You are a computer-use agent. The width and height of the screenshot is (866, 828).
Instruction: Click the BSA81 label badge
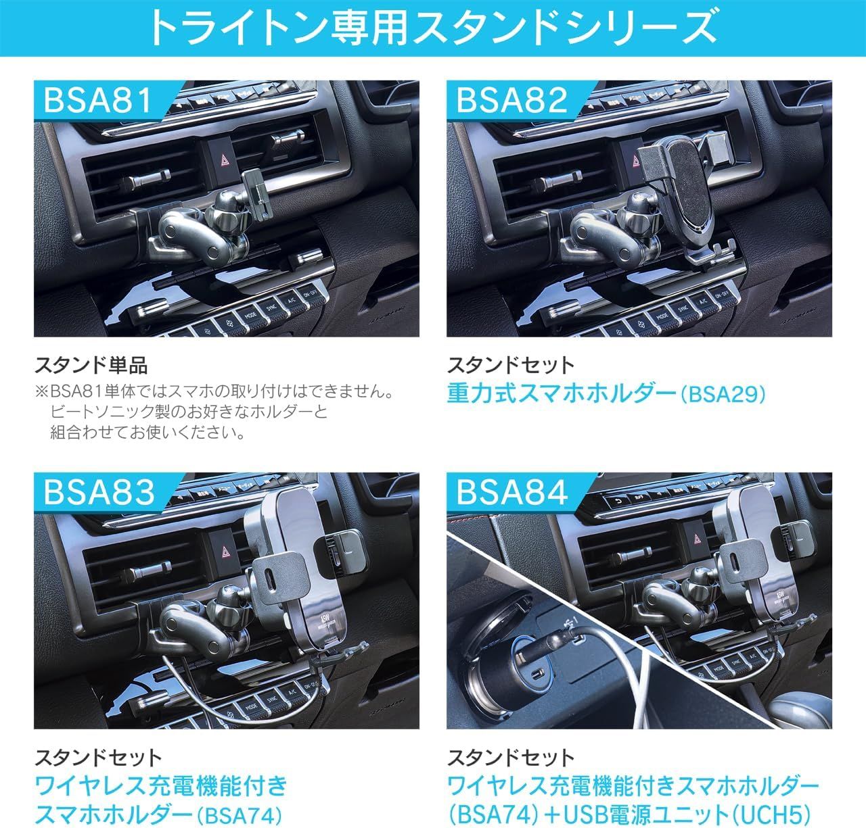pyautogui.click(x=100, y=101)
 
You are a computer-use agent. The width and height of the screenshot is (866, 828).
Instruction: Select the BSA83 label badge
pyautogui.click(x=100, y=492)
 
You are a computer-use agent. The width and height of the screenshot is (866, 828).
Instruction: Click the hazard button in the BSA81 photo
pyautogui.click(x=223, y=161)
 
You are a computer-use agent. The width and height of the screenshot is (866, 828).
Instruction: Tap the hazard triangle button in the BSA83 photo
pyautogui.click(x=225, y=553)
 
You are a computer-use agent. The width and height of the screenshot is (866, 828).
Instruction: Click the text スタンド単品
pyautogui.click(x=91, y=366)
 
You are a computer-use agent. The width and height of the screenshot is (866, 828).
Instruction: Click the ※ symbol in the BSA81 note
pyautogui.click(x=42, y=392)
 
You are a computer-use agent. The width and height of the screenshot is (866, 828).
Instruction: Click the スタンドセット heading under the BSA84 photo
pyautogui.click(x=510, y=758)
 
